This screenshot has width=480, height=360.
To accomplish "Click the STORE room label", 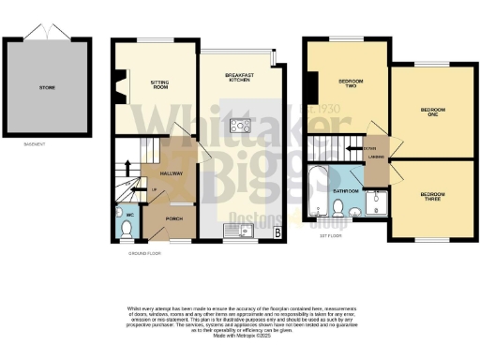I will coord(47,87).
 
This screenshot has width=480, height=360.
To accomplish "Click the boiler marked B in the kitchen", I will coord(277,230).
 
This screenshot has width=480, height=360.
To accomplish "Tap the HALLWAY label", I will coord(170,173).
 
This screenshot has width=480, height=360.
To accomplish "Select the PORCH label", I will coord(174,218).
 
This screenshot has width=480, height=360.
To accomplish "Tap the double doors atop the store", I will coord(47,33).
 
